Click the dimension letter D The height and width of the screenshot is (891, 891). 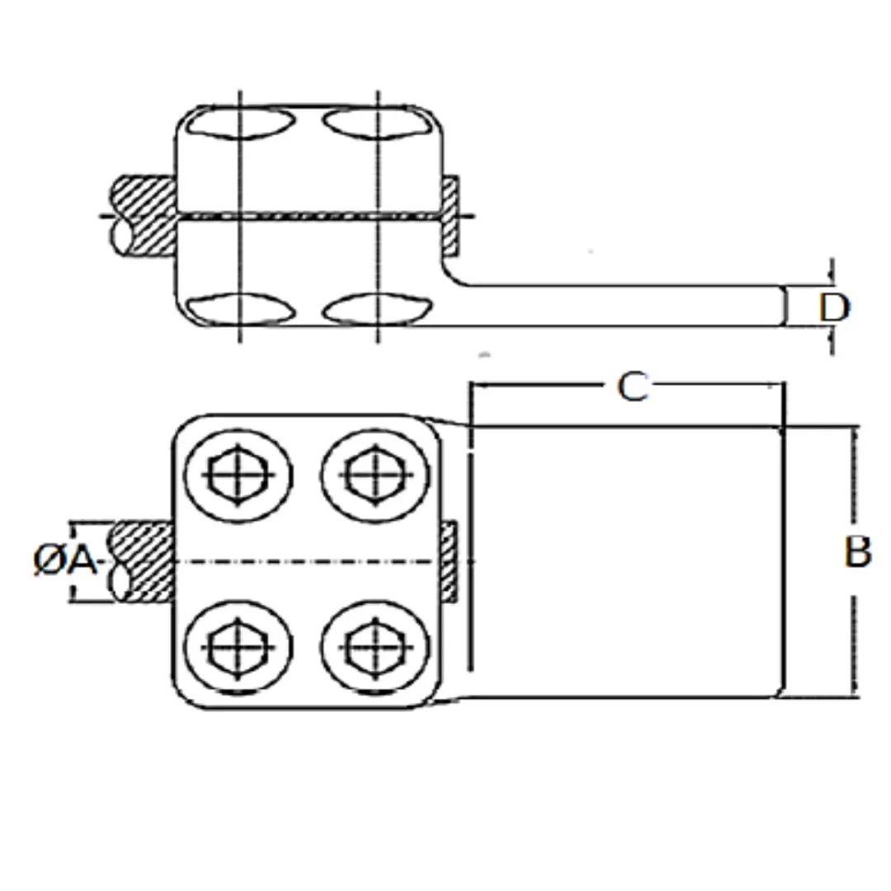point(834,308)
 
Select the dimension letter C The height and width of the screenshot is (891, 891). point(633,387)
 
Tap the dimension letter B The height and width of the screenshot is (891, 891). point(857,552)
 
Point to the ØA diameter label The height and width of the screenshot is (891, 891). point(65,560)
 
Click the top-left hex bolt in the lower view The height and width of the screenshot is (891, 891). point(238,475)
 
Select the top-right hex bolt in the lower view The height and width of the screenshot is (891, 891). point(375,475)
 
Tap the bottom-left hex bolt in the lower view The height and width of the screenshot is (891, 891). point(238,648)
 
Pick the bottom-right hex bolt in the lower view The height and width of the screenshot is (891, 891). point(375,648)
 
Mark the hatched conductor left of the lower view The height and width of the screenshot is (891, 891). point(143,562)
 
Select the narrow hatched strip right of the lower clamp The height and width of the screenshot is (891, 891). point(449,562)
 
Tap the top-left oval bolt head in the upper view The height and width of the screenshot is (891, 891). point(241,122)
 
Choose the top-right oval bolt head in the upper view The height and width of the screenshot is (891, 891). point(377,122)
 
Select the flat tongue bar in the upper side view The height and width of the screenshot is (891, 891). point(614,306)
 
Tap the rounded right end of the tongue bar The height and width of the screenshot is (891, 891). point(785,306)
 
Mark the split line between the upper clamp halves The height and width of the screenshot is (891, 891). point(309,216)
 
